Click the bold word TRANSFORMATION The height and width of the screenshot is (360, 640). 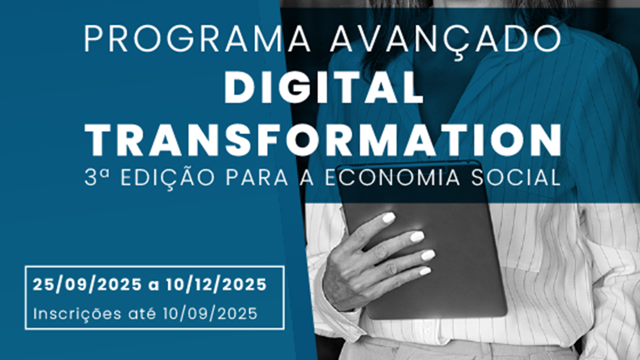pyautogui.click(x=323, y=140)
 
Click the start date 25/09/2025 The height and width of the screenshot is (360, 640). pyautogui.click(x=87, y=285)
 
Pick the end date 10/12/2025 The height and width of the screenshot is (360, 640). pyautogui.click(x=216, y=285)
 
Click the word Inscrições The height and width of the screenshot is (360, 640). pyautogui.click(x=77, y=314)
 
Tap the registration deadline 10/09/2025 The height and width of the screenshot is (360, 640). pyautogui.click(x=210, y=314)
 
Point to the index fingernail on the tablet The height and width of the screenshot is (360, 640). pyautogui.click(x=388, y=218)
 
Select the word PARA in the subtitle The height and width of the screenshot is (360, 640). pyautogui.click(x=257, y=177)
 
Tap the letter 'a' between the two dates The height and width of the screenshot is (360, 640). pyautogui.click(x=154, y=286)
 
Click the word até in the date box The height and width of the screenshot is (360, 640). pyautogui.click(x=142, y=313)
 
